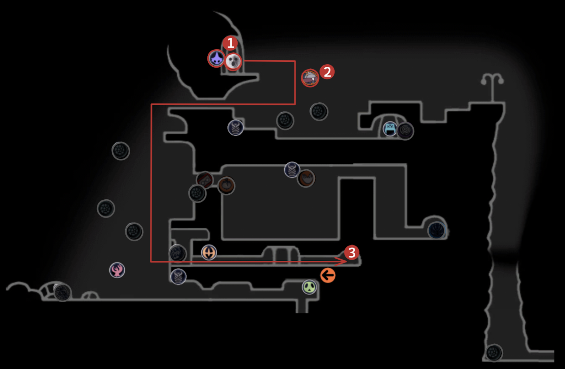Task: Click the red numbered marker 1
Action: click(x=230, y=43)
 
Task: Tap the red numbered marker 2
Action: click(x=327, y=72)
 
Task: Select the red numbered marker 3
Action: click(x=352, y=253)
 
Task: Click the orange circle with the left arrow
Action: click(x=328, y=275)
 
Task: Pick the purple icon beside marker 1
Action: click(x=216, y=58)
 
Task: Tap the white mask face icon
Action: click(x=233, y=62)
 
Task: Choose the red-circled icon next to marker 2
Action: click(x=310, y=78)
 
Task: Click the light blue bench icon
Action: click(x=390, y=129)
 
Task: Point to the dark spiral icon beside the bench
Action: click(x=405, y=131)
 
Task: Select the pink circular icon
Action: click(x=117, y=270)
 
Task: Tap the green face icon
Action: click(x=309, y=287)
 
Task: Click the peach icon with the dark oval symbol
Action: click(x=209, y=252)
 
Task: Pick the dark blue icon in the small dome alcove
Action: click(x=436, y=230)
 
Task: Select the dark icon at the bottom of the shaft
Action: click(x=494, y=352)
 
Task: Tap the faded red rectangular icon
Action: click(x=205, y=180)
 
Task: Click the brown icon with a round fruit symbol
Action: click(x=226, y=185)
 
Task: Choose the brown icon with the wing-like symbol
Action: click(x=306, y=179)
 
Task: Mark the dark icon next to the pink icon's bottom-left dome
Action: click(x=63, y=292)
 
